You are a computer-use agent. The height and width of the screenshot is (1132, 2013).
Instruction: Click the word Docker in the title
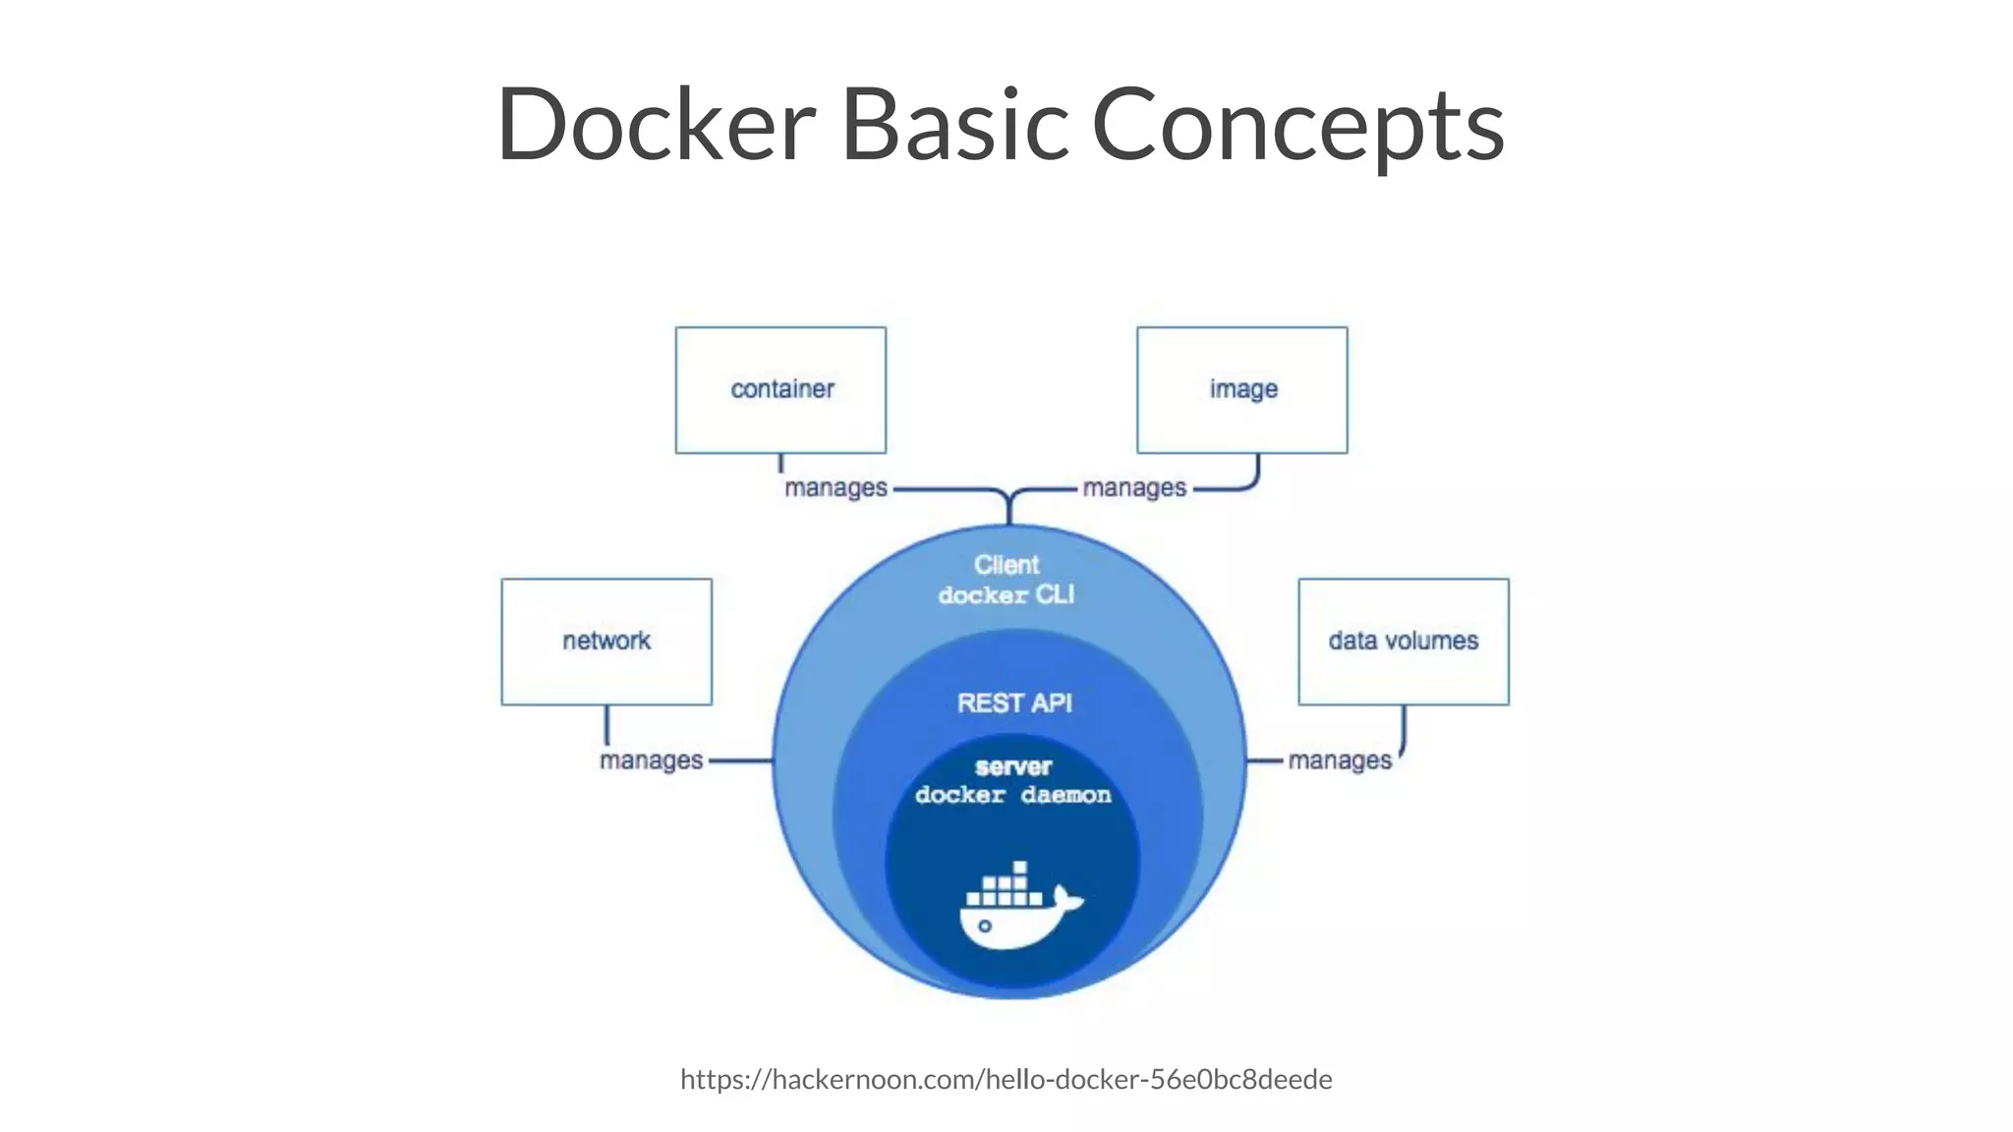click(656, 125)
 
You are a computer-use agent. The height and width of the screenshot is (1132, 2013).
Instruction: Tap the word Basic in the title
click(954, 125)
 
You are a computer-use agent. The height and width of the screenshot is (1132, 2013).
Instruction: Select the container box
click(780, 390)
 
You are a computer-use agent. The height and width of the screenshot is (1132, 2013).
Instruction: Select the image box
click(1242, 390)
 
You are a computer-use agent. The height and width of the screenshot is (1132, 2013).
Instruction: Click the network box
click(606, 642)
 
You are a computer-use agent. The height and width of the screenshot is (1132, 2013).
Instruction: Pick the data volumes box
click(1404, 642)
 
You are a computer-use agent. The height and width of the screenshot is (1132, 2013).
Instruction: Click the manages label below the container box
click(835, 488)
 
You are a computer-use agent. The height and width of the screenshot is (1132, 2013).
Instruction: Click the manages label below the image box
click(1134, 488)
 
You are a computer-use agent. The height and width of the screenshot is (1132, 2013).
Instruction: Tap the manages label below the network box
click(651, 761)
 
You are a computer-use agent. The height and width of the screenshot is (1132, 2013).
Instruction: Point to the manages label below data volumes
click(1340, 761)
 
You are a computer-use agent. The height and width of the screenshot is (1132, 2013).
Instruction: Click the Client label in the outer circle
click(1006, 565)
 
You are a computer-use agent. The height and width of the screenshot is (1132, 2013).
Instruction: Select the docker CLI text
click(1006, 595)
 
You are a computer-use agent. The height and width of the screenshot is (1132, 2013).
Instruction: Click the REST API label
click(1014, 704)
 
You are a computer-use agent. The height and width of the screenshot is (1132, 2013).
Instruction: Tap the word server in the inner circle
click(1013, 767)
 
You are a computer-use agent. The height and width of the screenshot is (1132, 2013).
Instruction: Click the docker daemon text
click(1013, 795)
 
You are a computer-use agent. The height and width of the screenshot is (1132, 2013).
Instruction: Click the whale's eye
click(984, 926)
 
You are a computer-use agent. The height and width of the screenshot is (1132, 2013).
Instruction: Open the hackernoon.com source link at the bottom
click(1006, 1080)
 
